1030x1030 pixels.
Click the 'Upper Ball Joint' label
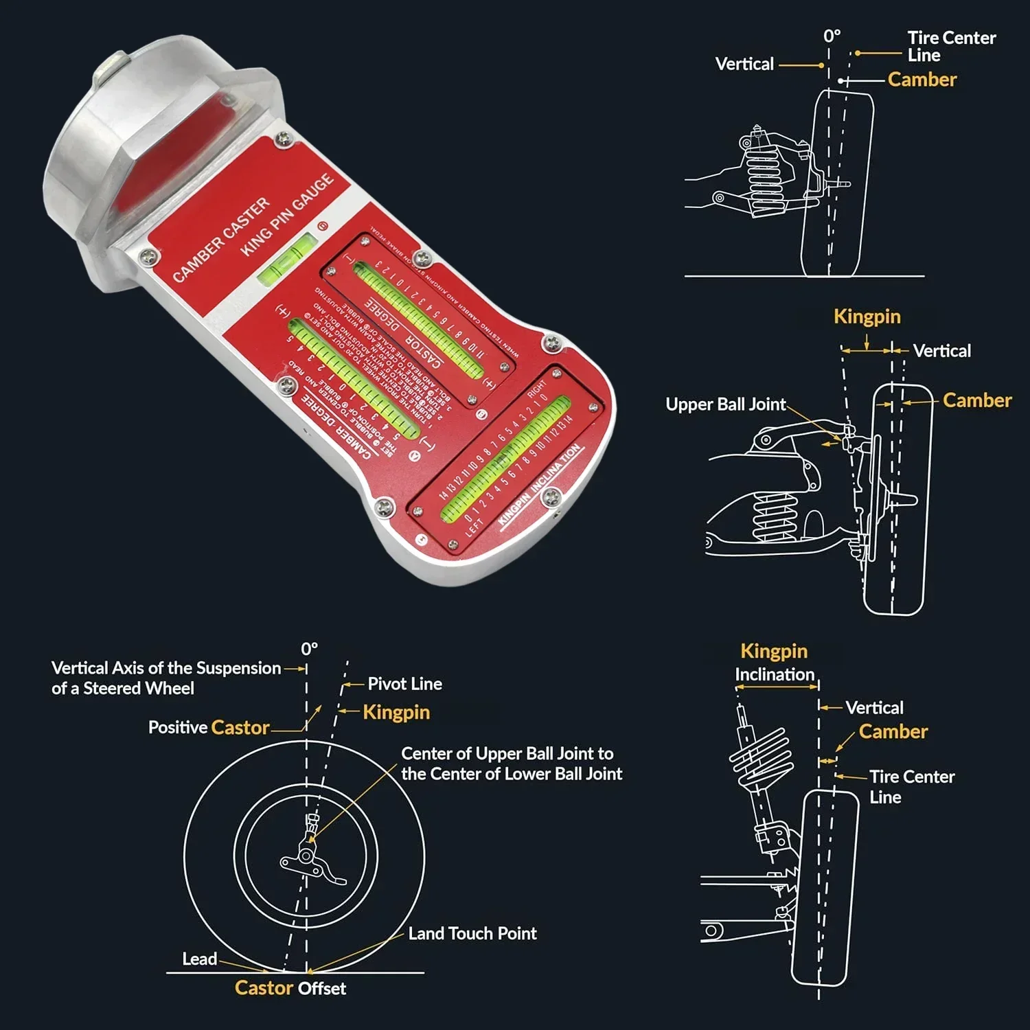point(725,404)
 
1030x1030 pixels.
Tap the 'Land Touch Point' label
point(472,933)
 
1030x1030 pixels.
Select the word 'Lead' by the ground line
point(199,959)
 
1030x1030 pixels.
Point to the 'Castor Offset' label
point(290,988)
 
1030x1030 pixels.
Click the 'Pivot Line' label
point(404,684)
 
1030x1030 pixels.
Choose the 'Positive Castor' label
point(209,727)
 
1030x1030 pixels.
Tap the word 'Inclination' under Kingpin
point(775,674)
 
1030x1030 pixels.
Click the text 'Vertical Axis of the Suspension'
point(166,668)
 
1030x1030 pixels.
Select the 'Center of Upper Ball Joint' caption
point(507,754)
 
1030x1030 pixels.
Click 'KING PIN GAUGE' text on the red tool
point(287,214)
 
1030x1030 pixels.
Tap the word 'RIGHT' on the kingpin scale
point(536,389)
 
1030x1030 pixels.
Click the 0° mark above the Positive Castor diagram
point(309,649)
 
